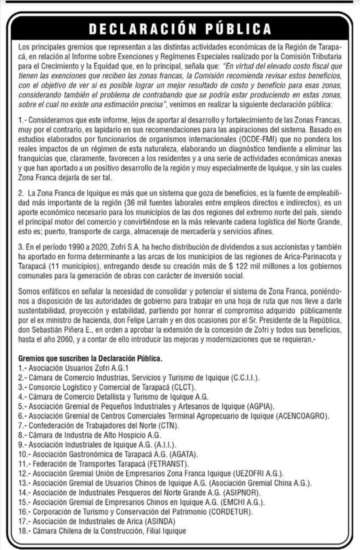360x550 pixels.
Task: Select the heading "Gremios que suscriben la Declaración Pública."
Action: [90, 358]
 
